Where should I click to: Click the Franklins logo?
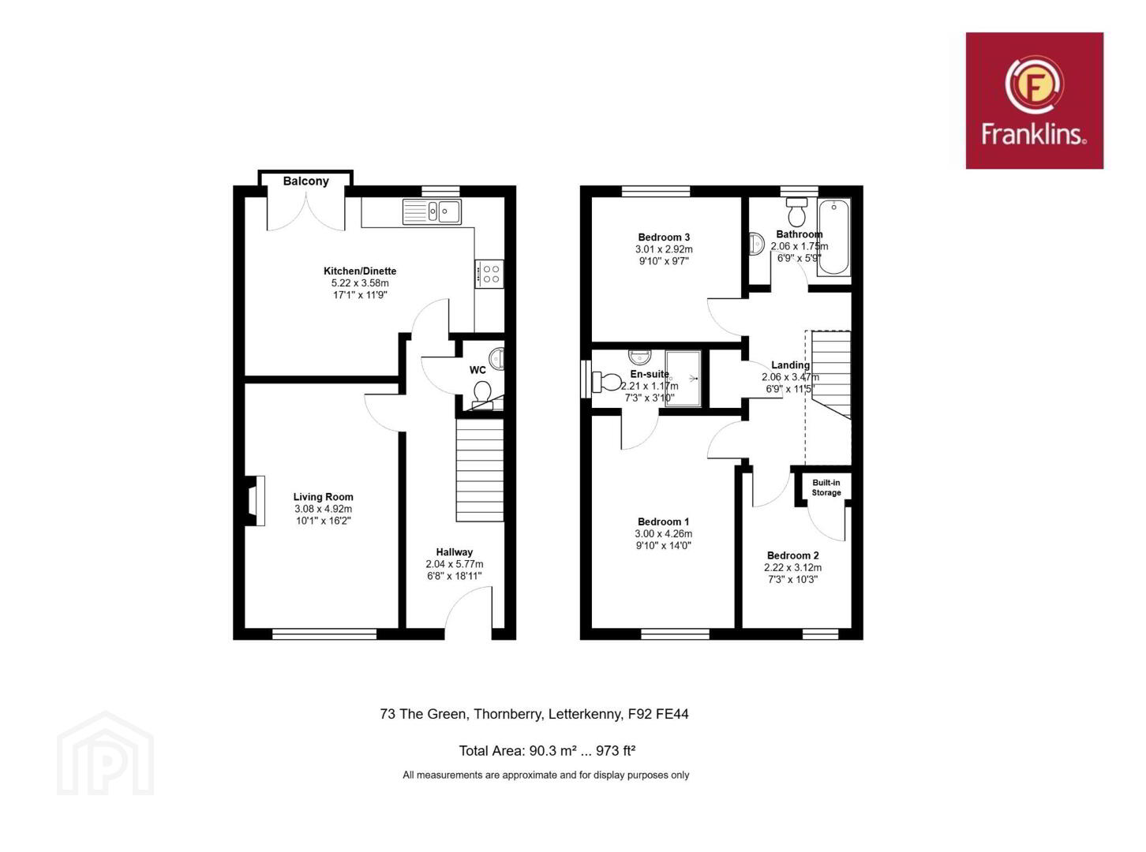[1035, 101]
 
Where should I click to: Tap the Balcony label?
[305, 181]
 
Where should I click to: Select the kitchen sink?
[432, 211]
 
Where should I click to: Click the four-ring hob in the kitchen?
[489, 274]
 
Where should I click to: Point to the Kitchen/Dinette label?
[360, 271]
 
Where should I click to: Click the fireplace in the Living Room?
[255, 501]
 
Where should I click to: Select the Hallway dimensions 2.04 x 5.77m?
[454, 564]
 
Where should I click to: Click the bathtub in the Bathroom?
[833, 237]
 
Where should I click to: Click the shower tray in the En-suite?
[683, 379]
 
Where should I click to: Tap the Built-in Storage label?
[826, 488]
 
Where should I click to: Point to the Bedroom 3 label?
[664, 237]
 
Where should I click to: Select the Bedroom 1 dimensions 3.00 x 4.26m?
[664, 534]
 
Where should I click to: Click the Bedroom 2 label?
[792, 555]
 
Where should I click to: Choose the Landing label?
[791, 364]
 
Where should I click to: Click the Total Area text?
[547, 750]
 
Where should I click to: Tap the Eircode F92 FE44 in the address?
[657, 714]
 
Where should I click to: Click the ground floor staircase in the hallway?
[480, 470]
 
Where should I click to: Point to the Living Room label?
[324, 496]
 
